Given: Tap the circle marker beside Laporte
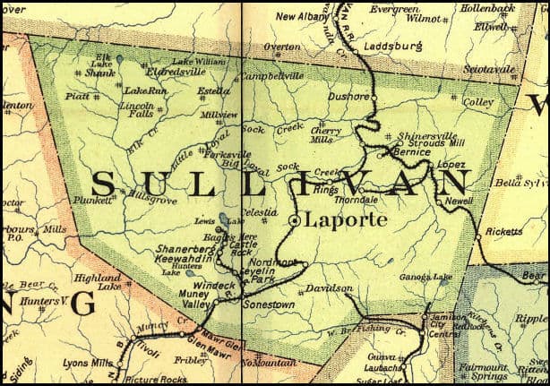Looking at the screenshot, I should point(295,219).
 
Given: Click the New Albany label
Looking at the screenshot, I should point(301,16).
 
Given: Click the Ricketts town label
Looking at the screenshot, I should point(503,231).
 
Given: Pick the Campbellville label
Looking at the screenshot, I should point(271,78).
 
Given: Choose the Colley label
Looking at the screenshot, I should point(478,102).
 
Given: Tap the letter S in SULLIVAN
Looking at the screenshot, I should point(103,184).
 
